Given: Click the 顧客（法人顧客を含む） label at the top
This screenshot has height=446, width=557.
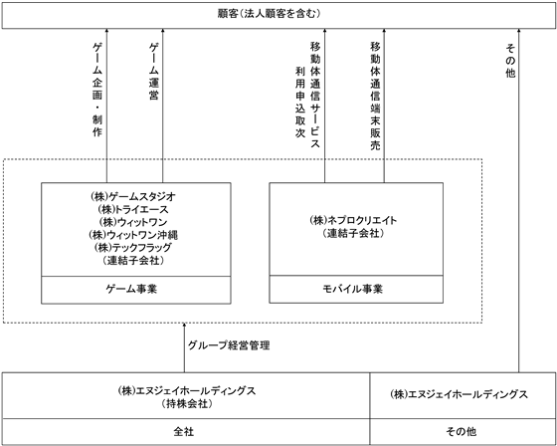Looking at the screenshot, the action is pyautogui.click(x=270, y=14).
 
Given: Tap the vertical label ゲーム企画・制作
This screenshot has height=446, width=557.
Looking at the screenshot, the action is pyautogui.click(x=97, y=90).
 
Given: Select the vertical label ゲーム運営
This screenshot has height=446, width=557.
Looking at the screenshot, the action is pyautogui.click(x=153, y=72).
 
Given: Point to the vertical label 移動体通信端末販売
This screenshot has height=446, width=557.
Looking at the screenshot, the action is pyautogui.click(x=376, y=96).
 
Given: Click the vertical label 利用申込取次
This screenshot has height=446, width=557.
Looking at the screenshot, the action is pyautogui.click(x=300, y=103).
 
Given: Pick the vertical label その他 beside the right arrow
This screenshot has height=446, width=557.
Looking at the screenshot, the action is pyautogui.click(x=510, y=61).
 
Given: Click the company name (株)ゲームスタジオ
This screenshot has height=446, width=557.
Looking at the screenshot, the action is pyautogui.click(x=133, y=196).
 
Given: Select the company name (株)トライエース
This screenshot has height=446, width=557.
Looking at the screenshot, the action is pyautogui.click(x=132, y=209).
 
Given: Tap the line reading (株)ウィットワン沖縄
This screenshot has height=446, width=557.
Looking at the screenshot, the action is pyautogui.click(x=133, y=235).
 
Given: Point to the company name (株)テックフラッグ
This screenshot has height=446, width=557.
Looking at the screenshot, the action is pyautogui.click(x=133, y=247).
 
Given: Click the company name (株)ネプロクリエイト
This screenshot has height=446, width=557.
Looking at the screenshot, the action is pyautogui.click(x=353, y=220).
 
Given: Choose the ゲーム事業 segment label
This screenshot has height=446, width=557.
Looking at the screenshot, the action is pyautogui.click(x=131, y=289).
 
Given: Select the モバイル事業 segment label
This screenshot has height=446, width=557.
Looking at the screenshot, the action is pyautogui.click(x=353, y=289).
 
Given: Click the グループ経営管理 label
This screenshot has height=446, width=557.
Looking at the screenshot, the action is pyautogui.click(x=229, y=345).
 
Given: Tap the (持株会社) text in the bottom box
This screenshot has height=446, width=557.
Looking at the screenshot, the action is pyautogui.click(x=187, y=404).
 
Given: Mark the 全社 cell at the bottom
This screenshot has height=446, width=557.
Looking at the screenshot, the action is pyautogui.click(x=184, y=432).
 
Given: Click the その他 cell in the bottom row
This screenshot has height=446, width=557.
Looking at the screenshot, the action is pyautogui.click(x=462, y=432).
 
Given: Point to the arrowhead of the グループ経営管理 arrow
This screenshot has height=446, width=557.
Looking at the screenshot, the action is pyautogui.click(x=184, y=325).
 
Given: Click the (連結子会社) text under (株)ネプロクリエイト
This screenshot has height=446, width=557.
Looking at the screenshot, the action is pyautogui.click(x=353, y=233).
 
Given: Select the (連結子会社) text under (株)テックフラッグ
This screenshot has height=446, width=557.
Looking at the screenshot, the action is pyautogui.click(x=133, y=261).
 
